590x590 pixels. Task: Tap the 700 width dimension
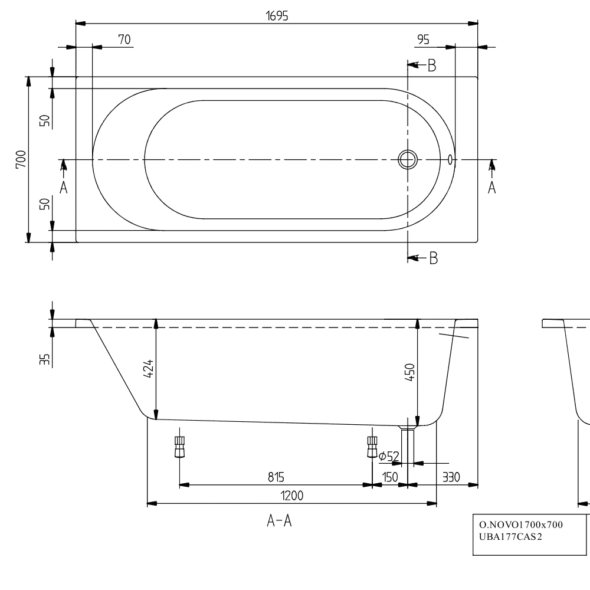click(21, 159)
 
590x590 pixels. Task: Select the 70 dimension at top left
click(124, 40)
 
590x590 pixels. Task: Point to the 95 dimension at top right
click(423, 40)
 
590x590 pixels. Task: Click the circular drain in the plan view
click(408, 159)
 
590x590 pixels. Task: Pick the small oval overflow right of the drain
click(451, 159)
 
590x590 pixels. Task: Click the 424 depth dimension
click(149, 369)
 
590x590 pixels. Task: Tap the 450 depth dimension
click(411, 373)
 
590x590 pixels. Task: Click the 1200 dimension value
click(291, 496)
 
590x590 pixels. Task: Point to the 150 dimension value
click(390, 477)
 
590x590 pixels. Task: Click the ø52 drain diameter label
click(389, 456)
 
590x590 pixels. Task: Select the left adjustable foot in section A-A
click(179, 447)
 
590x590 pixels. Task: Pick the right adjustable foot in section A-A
click(372, 447)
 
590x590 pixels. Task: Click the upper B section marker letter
click(432, 66)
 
